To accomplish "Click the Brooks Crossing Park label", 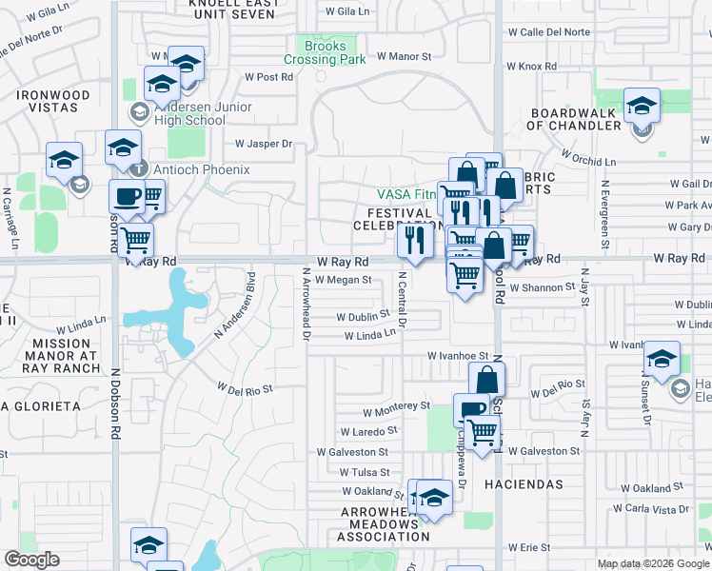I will (324, 52).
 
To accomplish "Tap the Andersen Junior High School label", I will (190, 114).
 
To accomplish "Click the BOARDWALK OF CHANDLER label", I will (575, 119).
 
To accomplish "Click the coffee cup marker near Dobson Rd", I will (127, 197).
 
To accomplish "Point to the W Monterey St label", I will (396, 405).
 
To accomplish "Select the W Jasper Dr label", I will (263, 145).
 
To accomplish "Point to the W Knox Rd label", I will (531, 67).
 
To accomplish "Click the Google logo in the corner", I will (32, 560).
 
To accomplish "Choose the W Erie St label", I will (529, 548).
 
